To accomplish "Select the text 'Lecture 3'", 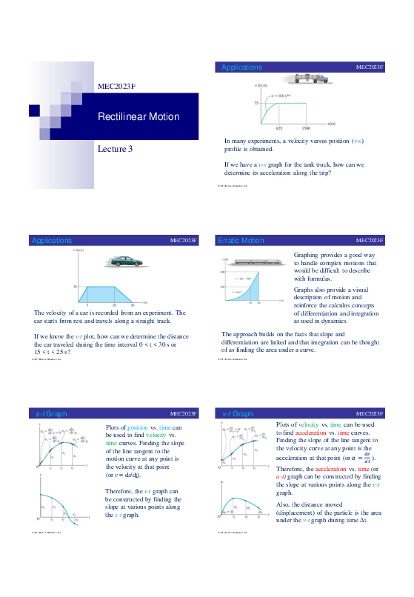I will [x=116, y=149].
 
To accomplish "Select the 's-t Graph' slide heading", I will [x=51, y=413].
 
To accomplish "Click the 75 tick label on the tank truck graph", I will [x=256, y=103].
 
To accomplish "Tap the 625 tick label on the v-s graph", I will [x=279, y=128].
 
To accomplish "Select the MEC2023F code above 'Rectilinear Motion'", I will [x=117, y=86].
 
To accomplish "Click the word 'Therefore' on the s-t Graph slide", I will [x=119, y=490].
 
